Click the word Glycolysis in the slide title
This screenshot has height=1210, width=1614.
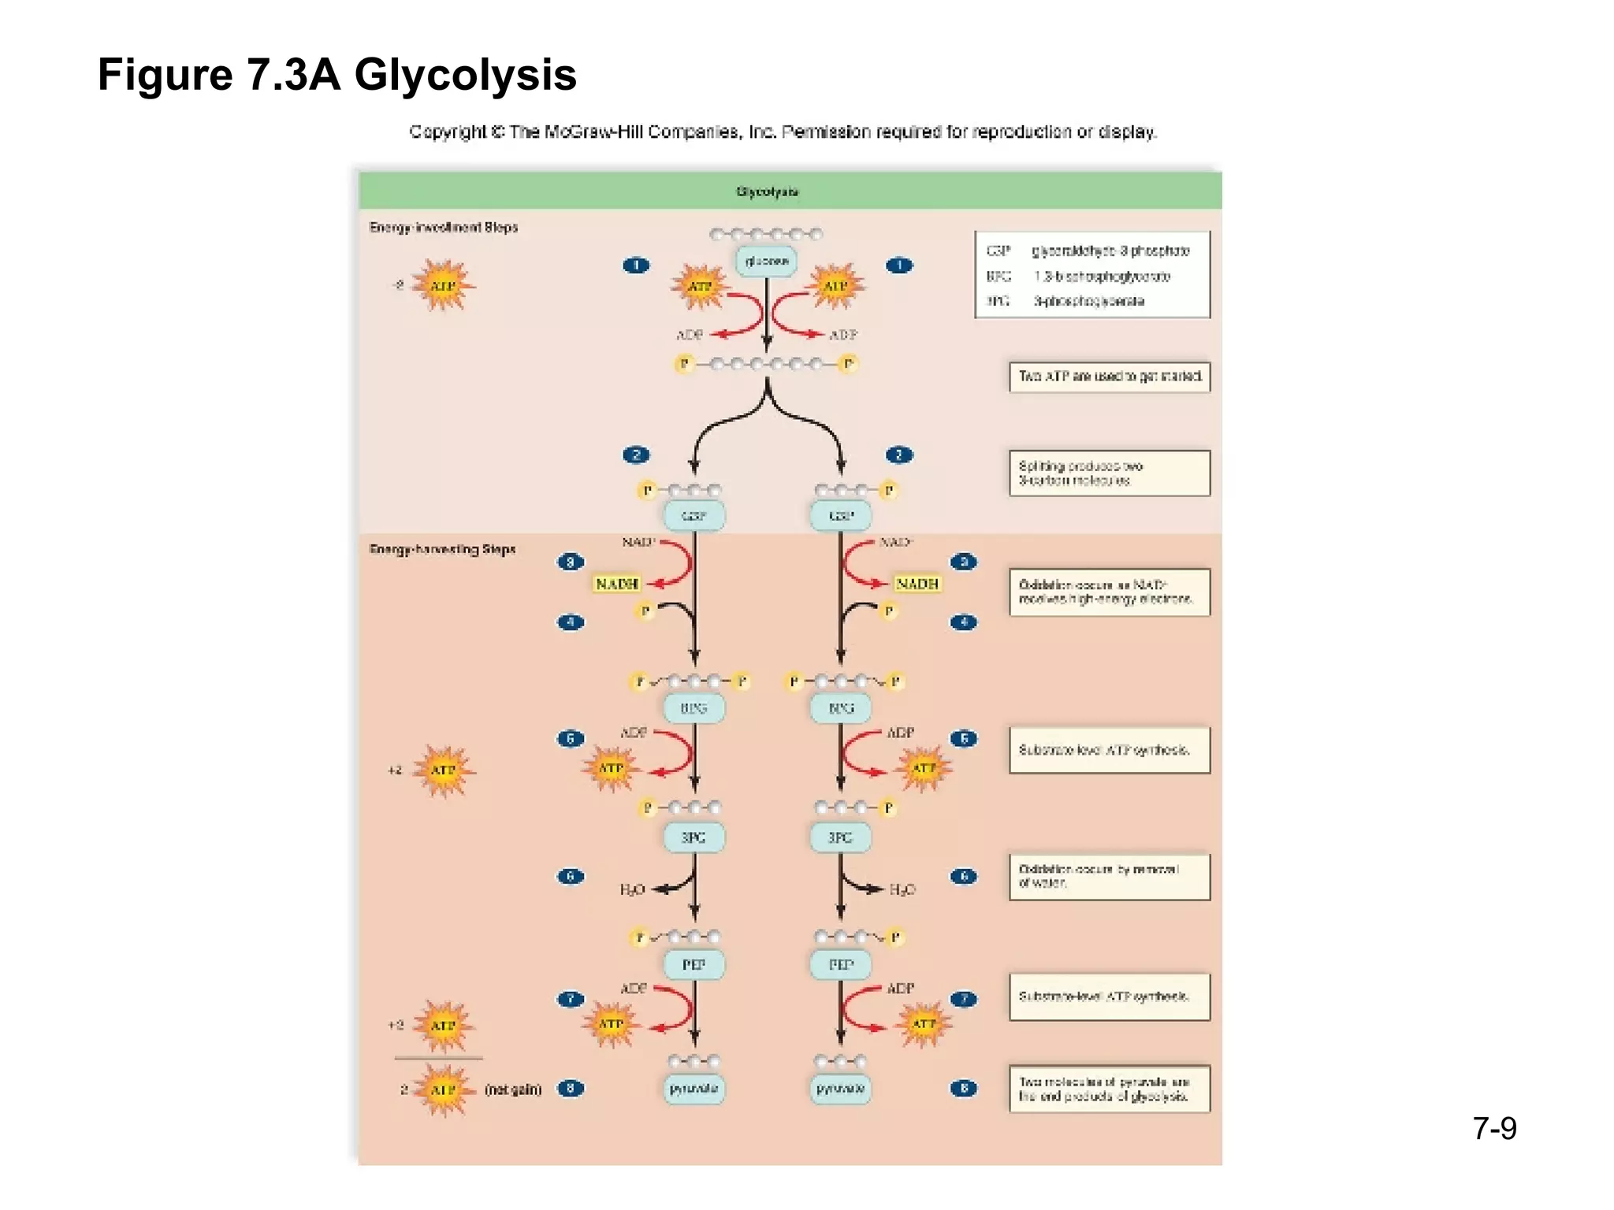(x=465, y=76)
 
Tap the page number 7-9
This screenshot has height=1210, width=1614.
(x=1494, y=1128)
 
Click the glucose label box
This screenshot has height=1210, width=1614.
(x=766, y=261)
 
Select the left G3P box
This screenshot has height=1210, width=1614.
(x=694, y=516)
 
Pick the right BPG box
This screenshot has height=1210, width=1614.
(x=841, y=708)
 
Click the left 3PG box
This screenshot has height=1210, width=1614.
(x=694, y=837)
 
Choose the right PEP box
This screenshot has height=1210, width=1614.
(x=841, y=965)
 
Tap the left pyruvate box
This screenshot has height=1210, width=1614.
(x=694, y=1089)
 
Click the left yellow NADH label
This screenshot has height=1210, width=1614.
(x=616, y=584)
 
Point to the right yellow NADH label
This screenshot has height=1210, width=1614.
(x=917, y=584)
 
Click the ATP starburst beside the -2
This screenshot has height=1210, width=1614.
(x=443, y=286)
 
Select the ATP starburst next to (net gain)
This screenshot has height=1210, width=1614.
(x=443, y=1089)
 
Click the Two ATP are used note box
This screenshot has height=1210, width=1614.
(x=1109, y=377)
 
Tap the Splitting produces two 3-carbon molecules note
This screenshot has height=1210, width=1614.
(x=1109, y=473)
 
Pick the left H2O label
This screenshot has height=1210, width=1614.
(x=632, y=889)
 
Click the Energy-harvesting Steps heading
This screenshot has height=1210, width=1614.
(x=442, y=549)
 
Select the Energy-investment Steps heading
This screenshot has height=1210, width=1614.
(x=444, y=228)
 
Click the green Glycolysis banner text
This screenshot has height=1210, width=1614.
(x=767, y=191)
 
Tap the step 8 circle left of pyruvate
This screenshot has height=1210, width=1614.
(x=571, y=1089)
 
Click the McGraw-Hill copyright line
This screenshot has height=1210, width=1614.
(x=783, y=132)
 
